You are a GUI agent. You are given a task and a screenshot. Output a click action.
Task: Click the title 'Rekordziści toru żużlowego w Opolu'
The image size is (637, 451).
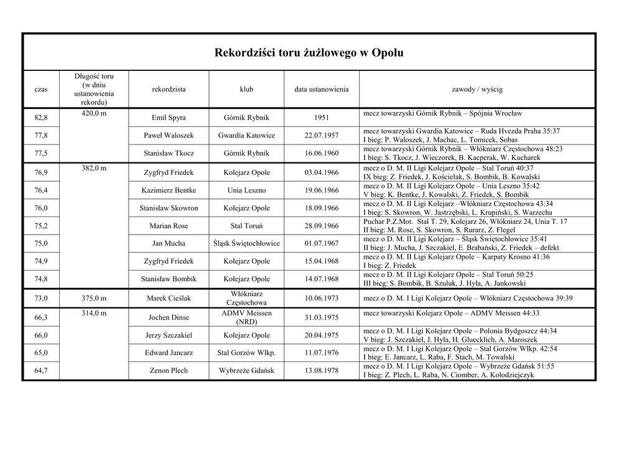coord(309,53)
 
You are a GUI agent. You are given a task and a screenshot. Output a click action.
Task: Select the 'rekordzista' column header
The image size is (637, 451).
coord(169,89)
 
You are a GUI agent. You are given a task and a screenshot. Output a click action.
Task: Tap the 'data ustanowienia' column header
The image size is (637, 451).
coord(322,89)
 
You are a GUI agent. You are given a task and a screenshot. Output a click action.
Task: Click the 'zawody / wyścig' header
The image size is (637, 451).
coord(477,89)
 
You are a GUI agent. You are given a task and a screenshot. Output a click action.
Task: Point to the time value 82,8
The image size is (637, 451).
coord(41,118)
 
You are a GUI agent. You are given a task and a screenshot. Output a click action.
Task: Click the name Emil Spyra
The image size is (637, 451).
coord(169,118)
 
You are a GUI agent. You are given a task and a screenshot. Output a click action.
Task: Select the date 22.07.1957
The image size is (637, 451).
coord(322,136)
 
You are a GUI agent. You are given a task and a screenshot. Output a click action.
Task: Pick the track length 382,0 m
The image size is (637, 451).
coord(94,168)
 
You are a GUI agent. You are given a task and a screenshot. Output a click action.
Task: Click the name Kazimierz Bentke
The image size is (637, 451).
coord(169,190)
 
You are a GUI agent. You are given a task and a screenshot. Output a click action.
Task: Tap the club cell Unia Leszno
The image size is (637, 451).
coord(246,190)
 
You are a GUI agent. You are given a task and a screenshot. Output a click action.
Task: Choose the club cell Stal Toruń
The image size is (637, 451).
coord(246,226)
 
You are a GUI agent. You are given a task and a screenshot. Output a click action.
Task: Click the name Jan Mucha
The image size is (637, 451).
coord(169,243)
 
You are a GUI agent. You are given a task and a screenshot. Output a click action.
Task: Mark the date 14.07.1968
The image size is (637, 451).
coord(322,279)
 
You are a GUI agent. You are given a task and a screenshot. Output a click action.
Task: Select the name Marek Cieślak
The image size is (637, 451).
coord(169,298)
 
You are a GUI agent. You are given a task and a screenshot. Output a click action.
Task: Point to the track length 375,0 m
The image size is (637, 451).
coord(94,298)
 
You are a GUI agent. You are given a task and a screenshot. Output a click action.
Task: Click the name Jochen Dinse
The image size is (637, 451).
coord(169,317)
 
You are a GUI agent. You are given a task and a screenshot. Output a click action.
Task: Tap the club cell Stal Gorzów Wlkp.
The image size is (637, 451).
coord(246,353)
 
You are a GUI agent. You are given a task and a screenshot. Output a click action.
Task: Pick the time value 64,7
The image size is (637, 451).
coord(41,371)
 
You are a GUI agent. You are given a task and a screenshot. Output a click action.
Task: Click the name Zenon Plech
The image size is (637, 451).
coord(169,371)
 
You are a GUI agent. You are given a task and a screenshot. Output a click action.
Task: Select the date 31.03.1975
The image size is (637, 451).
coord(322,317)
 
